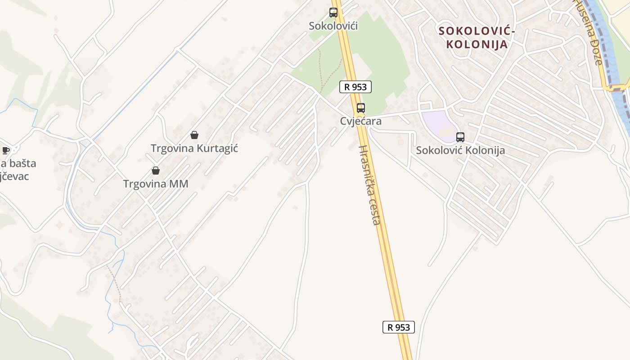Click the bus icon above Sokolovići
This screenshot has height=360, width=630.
333,13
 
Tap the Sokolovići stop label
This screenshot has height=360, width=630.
333,26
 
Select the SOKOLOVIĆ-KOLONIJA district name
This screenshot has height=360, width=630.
477,38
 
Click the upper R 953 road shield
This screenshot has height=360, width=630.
355,87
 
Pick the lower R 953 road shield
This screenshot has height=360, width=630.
398,327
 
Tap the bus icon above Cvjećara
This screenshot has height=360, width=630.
361,108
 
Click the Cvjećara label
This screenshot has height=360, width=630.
361,121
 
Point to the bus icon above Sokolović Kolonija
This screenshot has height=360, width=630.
460,137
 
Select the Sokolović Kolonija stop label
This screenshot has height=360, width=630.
460,150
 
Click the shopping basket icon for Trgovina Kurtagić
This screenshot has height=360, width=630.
194,135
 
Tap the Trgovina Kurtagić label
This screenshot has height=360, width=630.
194,148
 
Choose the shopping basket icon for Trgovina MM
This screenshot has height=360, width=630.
156,171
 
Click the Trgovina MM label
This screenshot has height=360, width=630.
156,184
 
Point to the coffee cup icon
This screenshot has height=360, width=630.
6,150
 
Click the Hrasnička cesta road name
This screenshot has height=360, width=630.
370,185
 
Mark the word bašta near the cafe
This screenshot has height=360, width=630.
21,163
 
